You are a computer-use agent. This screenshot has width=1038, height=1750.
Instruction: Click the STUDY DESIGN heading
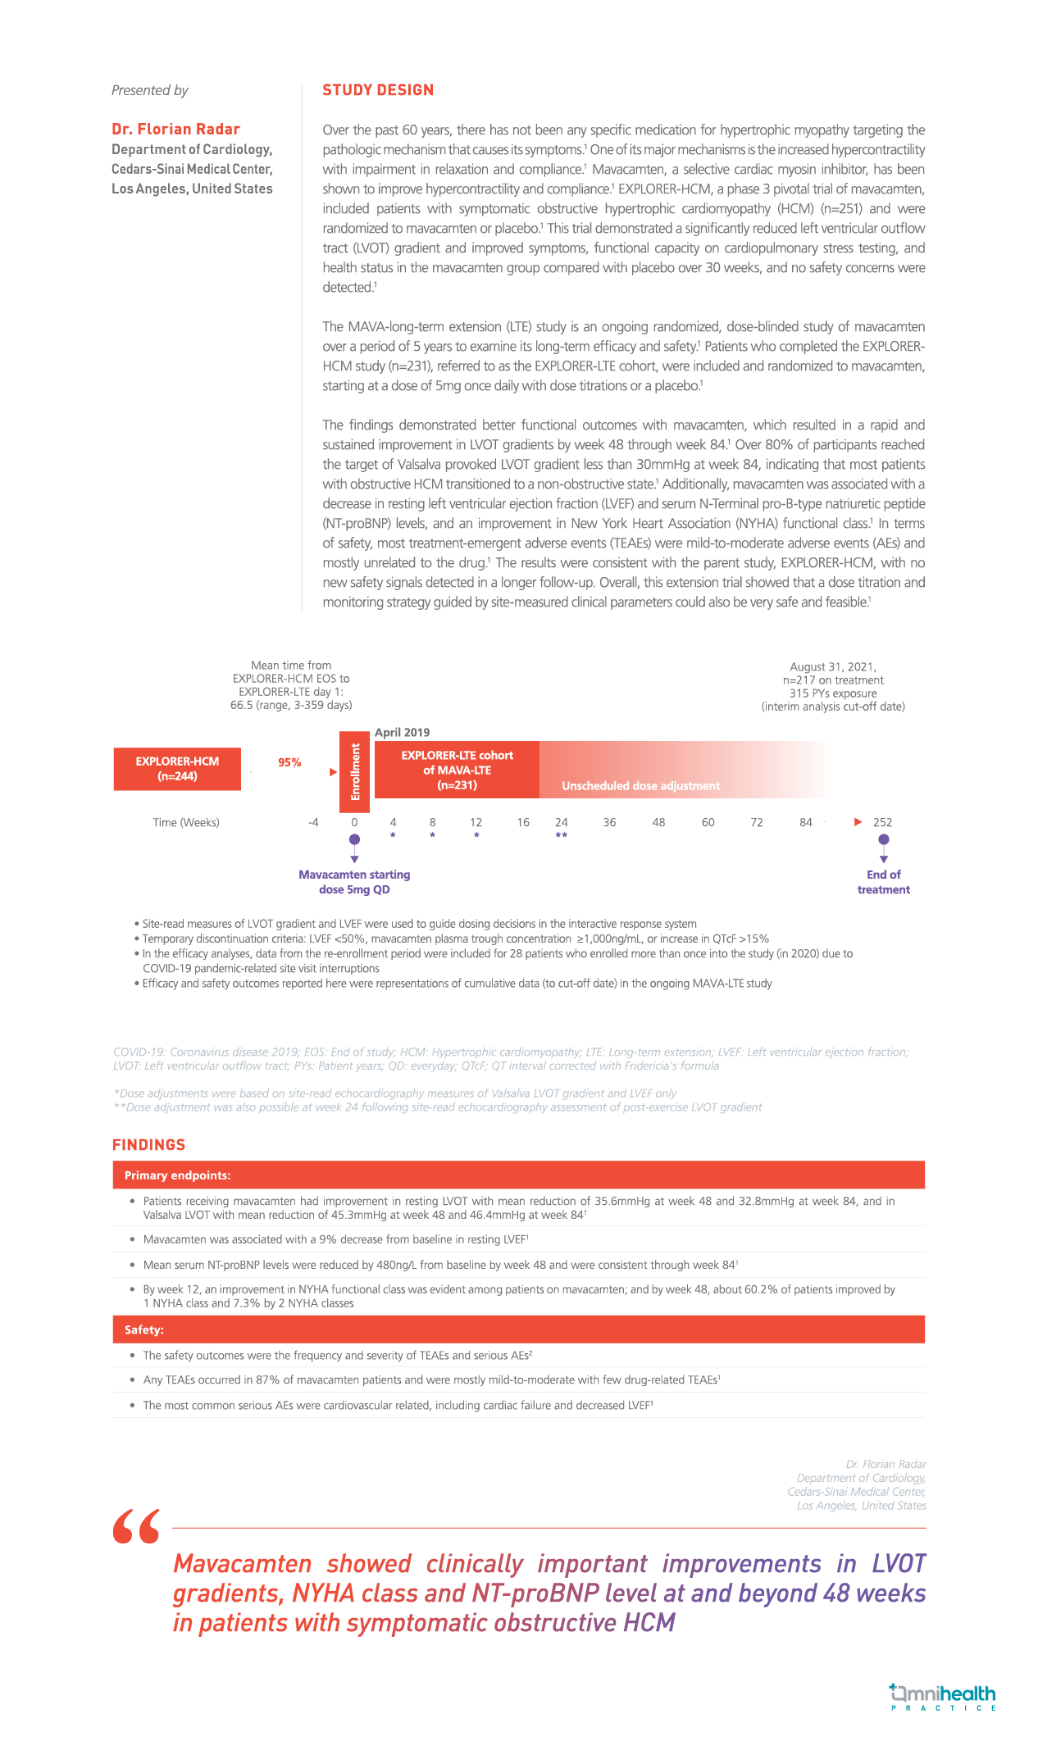(378, 90)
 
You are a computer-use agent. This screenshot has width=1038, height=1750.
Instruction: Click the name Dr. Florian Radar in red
(175, 129)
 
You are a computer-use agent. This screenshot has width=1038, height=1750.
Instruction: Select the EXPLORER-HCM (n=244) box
(177, 769)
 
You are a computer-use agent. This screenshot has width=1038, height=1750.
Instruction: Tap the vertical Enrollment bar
(355, 771)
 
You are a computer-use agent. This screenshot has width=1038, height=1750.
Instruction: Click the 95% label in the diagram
(289, 762)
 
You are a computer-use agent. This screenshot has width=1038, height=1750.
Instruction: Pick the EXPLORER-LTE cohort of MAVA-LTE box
(457, 770)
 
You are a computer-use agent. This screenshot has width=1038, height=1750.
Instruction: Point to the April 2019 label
(402, 732)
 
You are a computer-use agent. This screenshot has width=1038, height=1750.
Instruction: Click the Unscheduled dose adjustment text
(640, 786)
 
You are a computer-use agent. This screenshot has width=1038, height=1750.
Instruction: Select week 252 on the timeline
(882, 822)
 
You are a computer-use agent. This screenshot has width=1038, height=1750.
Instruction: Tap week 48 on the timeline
(658, 822)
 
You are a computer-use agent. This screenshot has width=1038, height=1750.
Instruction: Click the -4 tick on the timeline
(313, 822)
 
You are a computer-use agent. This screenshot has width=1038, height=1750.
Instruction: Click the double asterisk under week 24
(562, 836)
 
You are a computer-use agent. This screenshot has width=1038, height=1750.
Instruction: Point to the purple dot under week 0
(354, 840)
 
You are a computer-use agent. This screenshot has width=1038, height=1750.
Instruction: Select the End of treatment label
(883, 882)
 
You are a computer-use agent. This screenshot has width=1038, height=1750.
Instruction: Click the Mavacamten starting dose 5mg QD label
(354, 882)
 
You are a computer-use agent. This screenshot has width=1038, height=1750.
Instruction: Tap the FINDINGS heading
(148, 1144)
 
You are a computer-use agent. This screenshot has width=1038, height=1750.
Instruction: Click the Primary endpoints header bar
(518, 1175)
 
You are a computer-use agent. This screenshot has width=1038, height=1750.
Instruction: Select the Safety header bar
(518, 1330)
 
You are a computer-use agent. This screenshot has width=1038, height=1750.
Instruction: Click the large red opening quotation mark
(136, 1527)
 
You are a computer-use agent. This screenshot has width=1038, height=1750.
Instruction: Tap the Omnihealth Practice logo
(943, 1697)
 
